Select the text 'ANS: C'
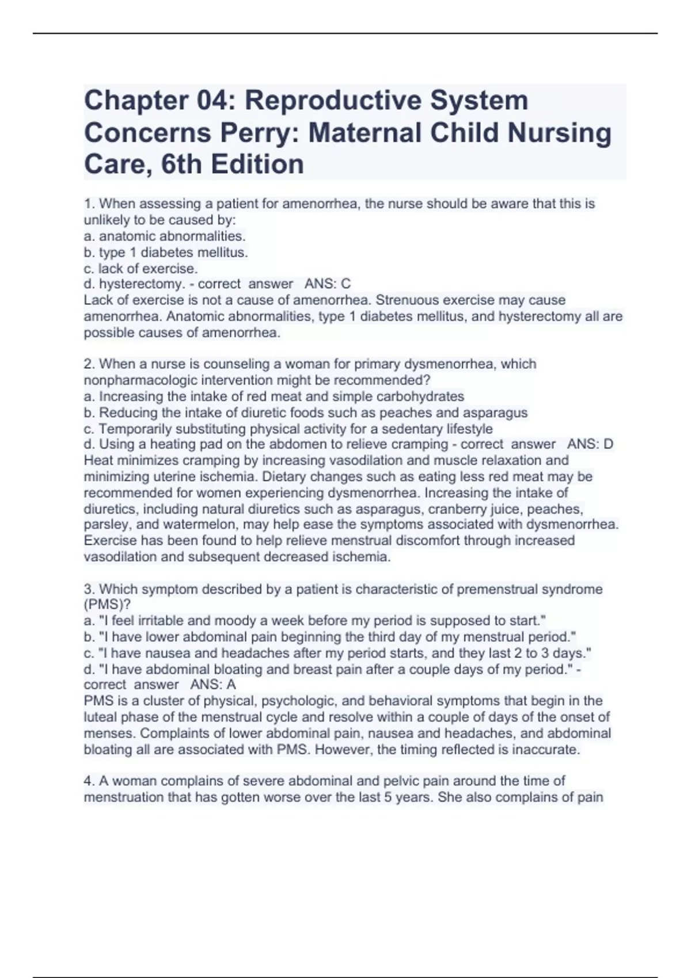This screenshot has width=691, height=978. click(327, 284)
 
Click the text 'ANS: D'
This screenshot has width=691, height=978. click(590, 444)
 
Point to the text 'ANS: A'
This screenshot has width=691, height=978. click(213, 685)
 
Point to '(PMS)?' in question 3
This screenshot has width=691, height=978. click(107, 605)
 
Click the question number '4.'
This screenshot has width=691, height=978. click(89, 781)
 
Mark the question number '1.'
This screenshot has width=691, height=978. click(89, 204)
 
